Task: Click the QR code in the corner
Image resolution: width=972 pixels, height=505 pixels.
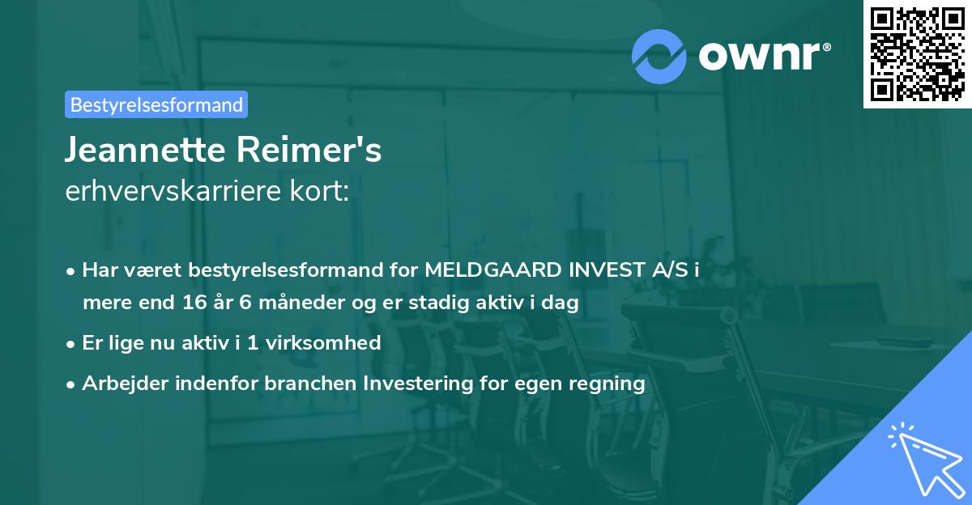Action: coord(917,54)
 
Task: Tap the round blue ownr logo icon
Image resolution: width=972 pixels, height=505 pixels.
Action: coord(659,55)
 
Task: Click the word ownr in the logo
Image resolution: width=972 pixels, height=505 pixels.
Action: coord(761,55)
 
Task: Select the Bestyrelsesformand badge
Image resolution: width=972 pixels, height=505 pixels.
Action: coord(156,104)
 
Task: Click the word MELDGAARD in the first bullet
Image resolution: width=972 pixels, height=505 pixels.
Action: coord(492,271)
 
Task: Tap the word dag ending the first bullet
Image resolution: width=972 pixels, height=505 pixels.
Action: coord(562,303)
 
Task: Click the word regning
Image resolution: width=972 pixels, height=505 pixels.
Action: coord(607,384)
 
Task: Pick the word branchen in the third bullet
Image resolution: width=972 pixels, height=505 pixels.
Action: coord(301,384)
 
